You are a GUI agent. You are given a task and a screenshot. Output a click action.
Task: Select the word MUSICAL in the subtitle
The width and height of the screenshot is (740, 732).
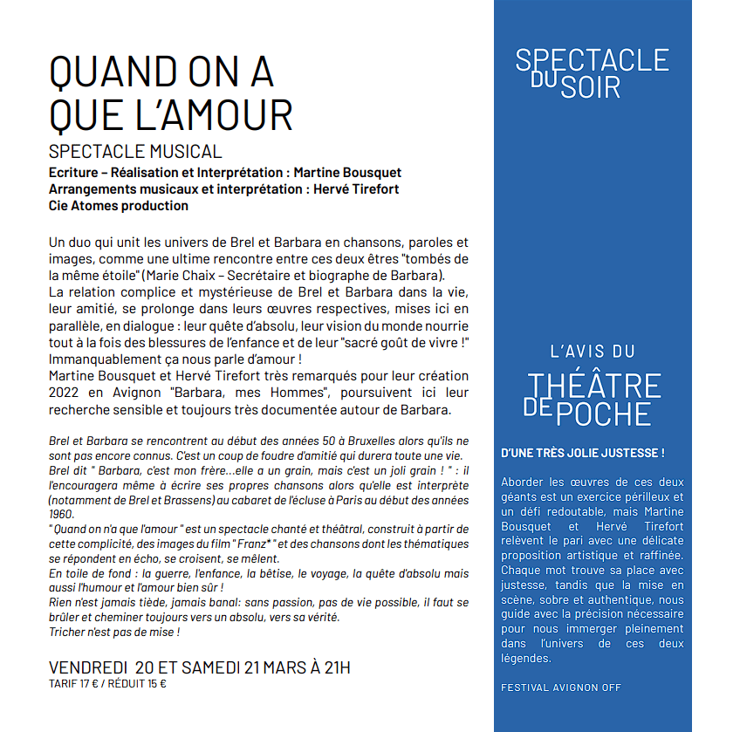pyautogui.click(x=180, y=152)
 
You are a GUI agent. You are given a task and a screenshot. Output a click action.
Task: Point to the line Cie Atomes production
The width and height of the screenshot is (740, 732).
pyautogui.click(x=119, y=206)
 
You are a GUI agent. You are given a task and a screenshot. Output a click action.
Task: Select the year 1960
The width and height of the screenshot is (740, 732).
pyautogui.click(x=62, y=514)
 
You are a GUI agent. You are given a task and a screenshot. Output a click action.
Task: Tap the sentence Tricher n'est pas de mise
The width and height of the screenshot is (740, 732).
pyautogui.click(x=114, y=632)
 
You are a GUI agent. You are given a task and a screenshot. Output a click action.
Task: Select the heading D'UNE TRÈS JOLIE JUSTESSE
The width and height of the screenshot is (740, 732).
pyautogui.click(x=583, y=454)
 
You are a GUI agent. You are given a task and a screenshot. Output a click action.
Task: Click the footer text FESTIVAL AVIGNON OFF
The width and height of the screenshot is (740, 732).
pyautogui.click(x=561, y=688)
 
